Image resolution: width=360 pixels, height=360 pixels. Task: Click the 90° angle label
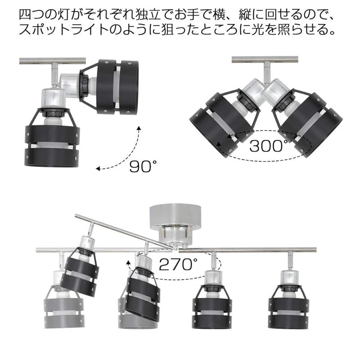coord(143,166)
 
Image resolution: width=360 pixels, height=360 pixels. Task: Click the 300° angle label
coord(269,145)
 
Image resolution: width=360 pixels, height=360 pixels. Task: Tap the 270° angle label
coord(178,264)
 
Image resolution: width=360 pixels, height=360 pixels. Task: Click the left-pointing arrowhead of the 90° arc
coord(98,169)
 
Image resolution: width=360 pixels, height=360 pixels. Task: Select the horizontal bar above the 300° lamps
coord(265,59)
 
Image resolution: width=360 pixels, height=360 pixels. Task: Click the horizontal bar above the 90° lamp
coord(53,61)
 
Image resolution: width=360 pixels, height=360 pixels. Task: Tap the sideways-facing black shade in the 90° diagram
coord(117,87)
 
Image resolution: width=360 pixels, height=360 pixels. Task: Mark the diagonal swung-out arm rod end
coord(77,216)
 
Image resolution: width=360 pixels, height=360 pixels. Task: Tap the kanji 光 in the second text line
coord(258,29)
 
